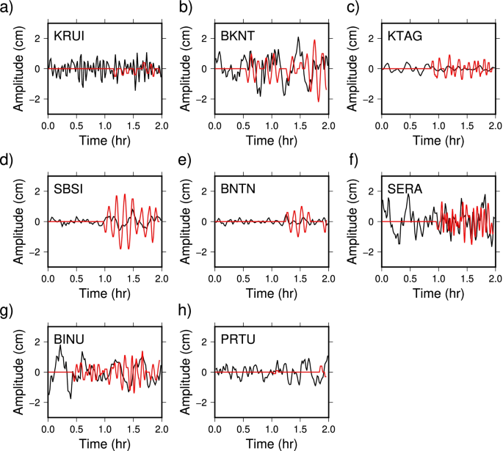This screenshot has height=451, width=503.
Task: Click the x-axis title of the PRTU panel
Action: point(272,444)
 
